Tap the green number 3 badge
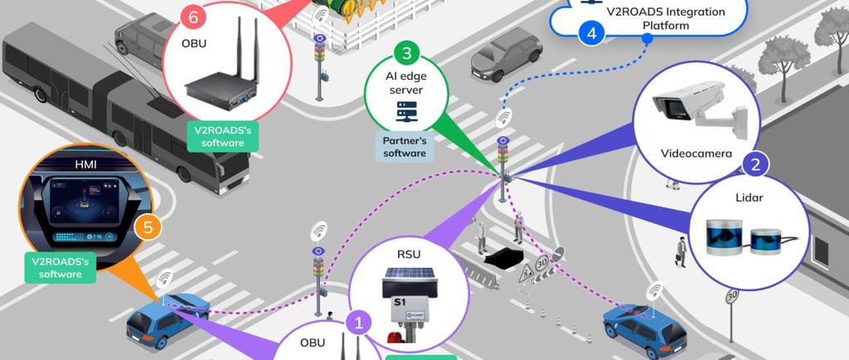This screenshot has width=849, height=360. point(405,55)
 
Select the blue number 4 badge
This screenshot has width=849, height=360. point(591,34)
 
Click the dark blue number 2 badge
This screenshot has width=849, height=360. point(753,163)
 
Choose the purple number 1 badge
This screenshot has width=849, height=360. point(359,321)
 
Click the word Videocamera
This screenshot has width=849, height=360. point(695,153)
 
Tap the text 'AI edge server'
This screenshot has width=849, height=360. point(405,82)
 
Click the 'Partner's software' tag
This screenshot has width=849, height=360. point(405,146)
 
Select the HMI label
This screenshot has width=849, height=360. point(85,164)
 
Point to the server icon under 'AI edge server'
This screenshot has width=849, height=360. point(405,109)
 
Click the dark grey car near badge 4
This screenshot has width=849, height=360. point(506,54)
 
